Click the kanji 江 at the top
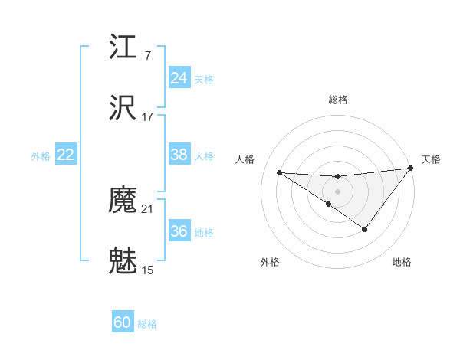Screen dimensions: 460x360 pyautogui.click(x=123, y=47)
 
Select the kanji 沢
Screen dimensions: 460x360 pyautogui.click(x=123, y=108)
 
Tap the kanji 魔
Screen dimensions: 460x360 pyautogui.click(x=123, y=201)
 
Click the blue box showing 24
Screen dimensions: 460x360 pyautogui.click(x=179, y=78)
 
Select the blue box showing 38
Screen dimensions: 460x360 pyautogui.click(x=179, y=155)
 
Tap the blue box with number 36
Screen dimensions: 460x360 pyautogui.click(x=179, y=231)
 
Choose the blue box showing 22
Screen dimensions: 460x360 pyautogui.click(x=65, y=155)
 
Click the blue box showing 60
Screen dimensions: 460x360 pyautogui.click(x=122, y=322)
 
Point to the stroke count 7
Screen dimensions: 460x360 pyautogui.click(x=147, y=56)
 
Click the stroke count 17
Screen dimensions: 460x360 pyautogui.click(x=147, y=117)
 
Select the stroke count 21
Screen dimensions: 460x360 pyautogui.click(x=147, y=209)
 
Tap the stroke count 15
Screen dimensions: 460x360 pyautogui.click(x=147, y=270)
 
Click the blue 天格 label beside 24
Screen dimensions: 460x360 pyautogui.click(x=204, y=79)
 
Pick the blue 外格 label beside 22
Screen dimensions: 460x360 pyautogui.click(x=41, y=155)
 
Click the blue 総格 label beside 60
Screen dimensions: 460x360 pyautogui.click(x=147, y=323)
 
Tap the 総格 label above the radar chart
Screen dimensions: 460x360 pyautogui.click(x=337, y=100)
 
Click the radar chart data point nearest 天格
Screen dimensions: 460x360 pyautogui.click(x=410, y=169)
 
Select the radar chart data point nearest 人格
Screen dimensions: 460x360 pyautogui.click(x=279, y=172)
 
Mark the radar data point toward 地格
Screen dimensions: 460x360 pyautogui.click(x=365, y=229)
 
